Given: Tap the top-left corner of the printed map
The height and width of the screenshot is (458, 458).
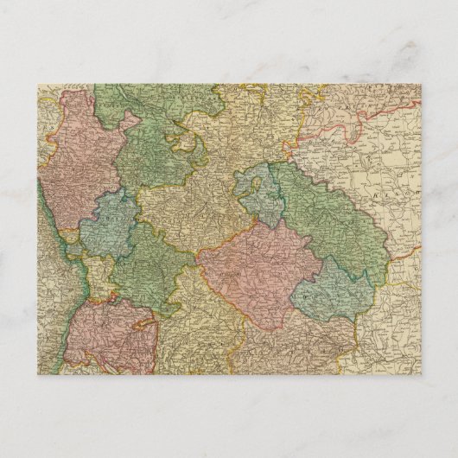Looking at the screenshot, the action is tap(37, 84).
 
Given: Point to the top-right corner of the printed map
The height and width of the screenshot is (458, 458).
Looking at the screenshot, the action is tap(422, 84).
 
